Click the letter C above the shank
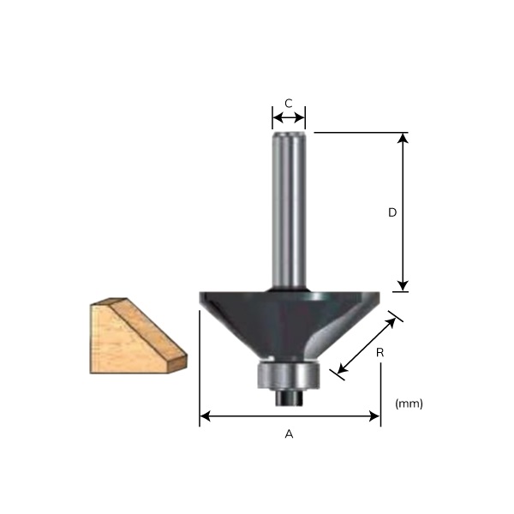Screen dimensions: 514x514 (289, 103)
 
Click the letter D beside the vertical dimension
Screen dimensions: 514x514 (391, 212)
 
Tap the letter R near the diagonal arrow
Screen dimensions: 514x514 (379, 351)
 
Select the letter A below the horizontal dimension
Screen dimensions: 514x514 (289, 434)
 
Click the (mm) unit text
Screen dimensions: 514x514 (409, 403)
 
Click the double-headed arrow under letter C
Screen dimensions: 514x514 (289, 116)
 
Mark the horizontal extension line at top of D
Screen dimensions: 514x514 (360, 133)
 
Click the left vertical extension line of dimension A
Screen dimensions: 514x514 (200, 368)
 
